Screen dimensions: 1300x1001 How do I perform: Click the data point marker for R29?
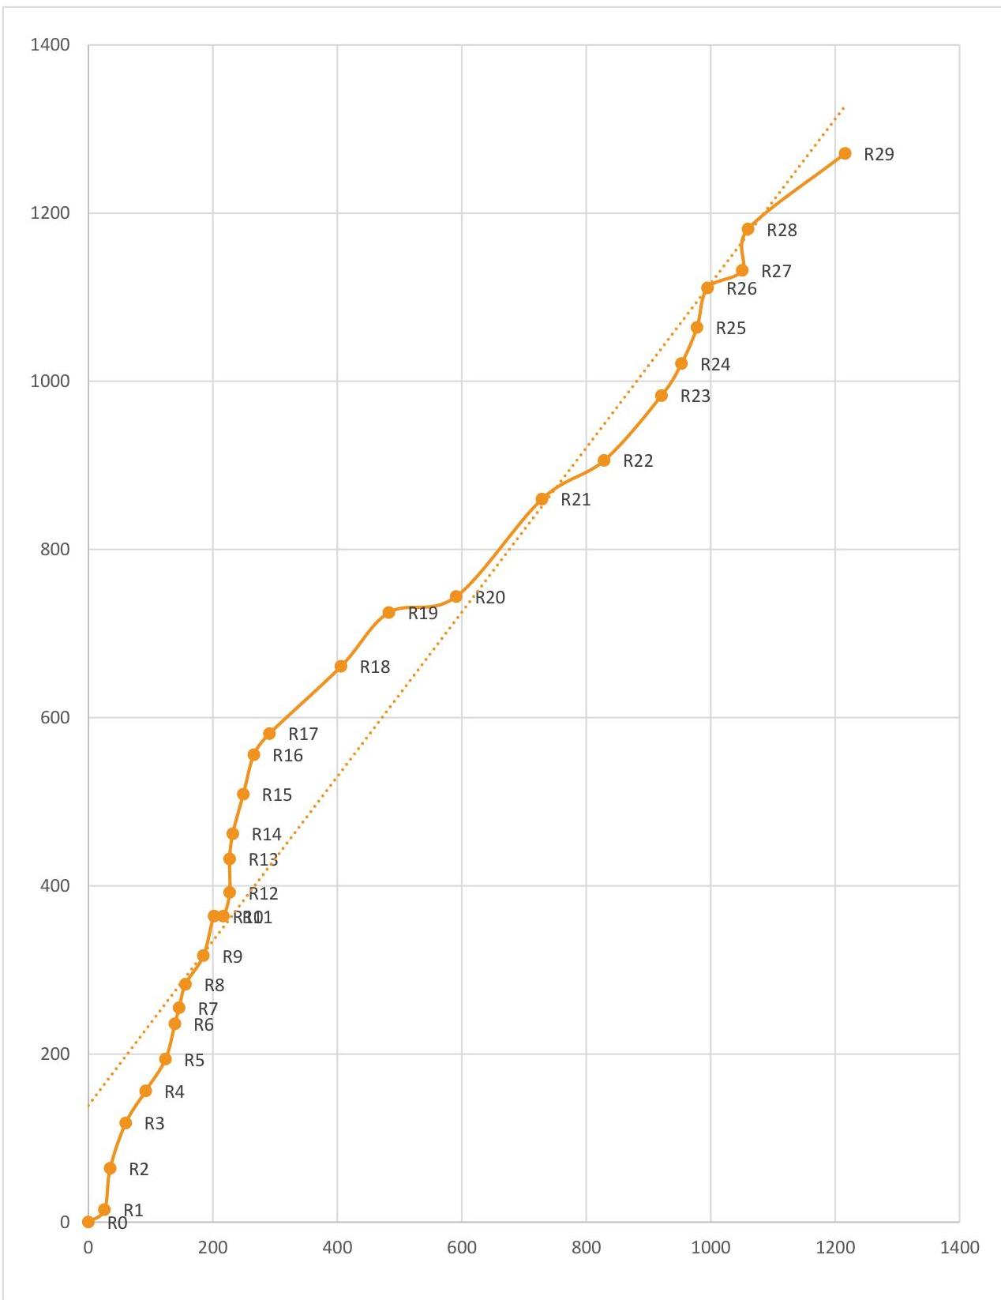tap(845, 153)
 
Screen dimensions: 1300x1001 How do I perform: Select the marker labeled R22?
tap(604, 460)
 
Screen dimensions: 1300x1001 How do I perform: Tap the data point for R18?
tap(341, 667)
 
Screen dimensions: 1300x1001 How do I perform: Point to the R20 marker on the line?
tap(456, 596)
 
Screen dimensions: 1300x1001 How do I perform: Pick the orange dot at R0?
tap(88, 1222)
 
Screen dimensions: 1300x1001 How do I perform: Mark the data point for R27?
tap(742, 271)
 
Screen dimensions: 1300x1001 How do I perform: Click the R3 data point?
tap(126, 1123)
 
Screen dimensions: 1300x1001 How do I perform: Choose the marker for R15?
tap(243, 795)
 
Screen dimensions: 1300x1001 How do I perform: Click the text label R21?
tap(575, 500)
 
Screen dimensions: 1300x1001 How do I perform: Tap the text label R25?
tap(730, 329)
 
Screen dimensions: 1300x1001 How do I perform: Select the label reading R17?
tap(303, 735)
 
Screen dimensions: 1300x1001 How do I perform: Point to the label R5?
tap(194, 1061)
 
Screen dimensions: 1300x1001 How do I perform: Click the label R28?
tap(782, 231)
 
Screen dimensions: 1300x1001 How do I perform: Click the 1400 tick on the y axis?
tap(50, 45)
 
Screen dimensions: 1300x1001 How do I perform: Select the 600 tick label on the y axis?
tap(54, 718)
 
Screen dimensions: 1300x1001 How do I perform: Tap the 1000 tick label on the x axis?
tap(710, 1248)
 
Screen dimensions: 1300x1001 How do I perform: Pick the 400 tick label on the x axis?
tap(337, 1248)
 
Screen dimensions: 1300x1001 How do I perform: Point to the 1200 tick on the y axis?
tap(50, 213)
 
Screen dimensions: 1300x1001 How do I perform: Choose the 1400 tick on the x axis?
tap(959, 1248)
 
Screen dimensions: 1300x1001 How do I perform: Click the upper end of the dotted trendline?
tap(844, 107)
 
